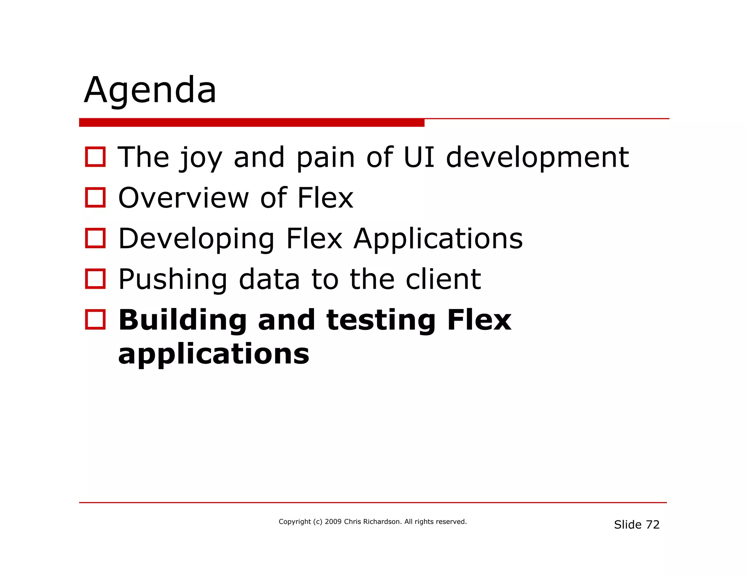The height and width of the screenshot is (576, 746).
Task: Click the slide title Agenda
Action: click(150, 90)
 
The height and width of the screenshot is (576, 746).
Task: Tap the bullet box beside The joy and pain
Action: click(95, 157)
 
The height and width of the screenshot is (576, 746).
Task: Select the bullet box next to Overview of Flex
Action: click(95, 198)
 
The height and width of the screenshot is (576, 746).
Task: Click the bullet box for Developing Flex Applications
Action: click(95, 238)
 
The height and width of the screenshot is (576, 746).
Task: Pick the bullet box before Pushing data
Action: click(95, 279)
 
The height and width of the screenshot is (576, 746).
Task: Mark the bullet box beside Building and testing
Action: click(95, 320)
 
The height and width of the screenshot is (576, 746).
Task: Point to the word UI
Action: click(419, 157)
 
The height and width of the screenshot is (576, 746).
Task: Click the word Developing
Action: click(196, 240)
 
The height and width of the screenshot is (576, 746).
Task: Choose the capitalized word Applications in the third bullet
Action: click(438, 240)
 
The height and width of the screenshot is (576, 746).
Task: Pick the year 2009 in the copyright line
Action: click(333, 522)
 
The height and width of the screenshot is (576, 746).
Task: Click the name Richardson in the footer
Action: click(382, 522)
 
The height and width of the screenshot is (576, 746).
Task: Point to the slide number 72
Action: click(653, 525)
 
